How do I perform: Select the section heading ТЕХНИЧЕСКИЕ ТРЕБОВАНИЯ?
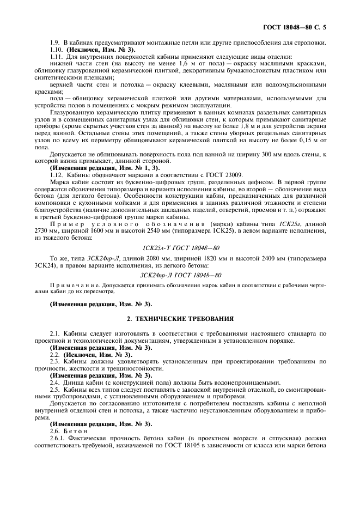point(180,318)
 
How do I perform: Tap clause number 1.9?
point(54,43)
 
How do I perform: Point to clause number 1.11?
point(56,57)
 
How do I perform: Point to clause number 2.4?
point(54,382)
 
